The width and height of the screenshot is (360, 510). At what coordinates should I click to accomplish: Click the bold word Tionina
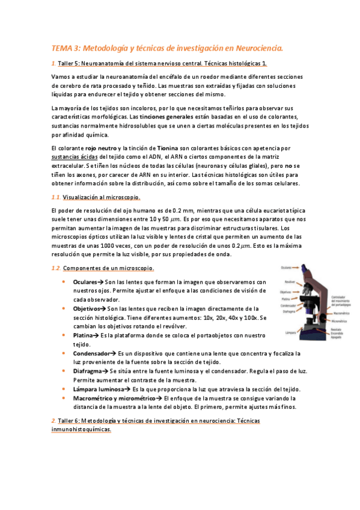(x=168, y=147)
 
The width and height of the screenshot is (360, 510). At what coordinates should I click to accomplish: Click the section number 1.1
(x=55, y=197)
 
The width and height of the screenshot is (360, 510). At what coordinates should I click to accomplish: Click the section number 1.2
(x=55, y=268)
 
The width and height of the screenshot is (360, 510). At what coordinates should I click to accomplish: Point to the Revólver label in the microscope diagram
(x=289, y=281)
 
